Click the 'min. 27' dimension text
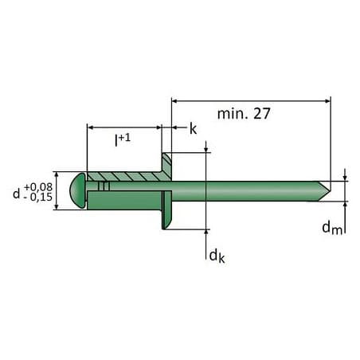tap(244, 114)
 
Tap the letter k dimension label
tap(194, 129)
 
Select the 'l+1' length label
tap(123, 140)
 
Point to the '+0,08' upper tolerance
tap(38, 187)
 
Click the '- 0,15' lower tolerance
tap(38, 197)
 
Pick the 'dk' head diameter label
tap(217, 256)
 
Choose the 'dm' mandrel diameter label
tap(332, 229)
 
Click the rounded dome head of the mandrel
tap(77, 190)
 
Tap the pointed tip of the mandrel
tap(330, 191)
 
